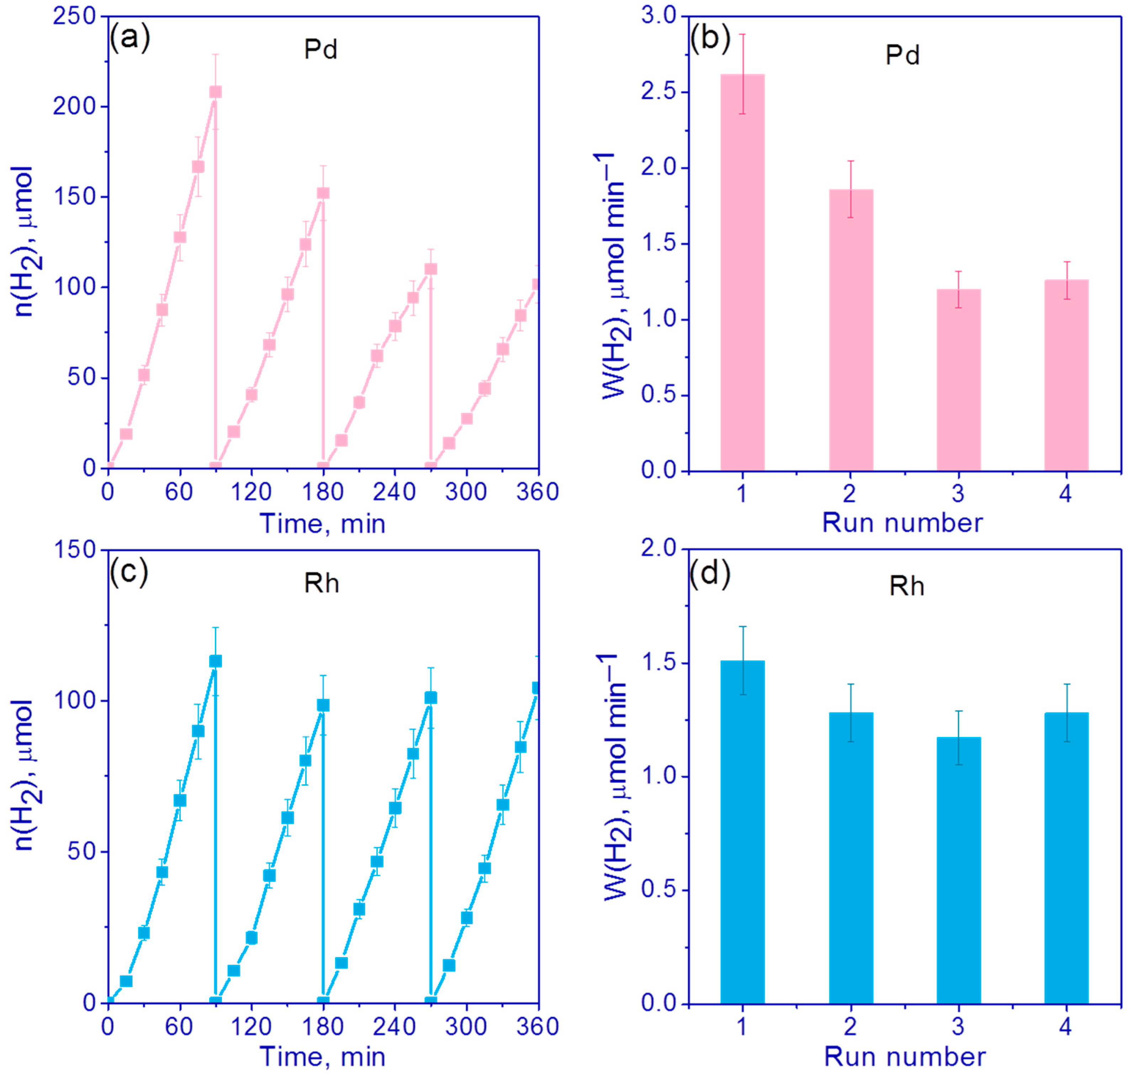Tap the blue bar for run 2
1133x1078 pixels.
point(851,858)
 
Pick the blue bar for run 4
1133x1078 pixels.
point(1066,858)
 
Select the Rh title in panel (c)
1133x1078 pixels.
point(321,584)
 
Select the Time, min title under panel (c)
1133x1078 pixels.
point(323,1056)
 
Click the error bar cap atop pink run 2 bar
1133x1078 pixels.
point(851,161)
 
